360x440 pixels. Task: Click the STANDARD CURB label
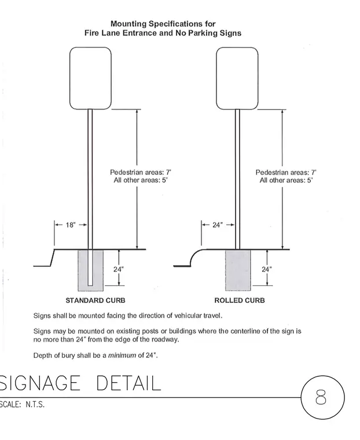95,300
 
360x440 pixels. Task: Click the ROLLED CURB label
240,300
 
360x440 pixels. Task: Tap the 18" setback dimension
71,225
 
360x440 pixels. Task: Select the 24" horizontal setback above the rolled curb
218,225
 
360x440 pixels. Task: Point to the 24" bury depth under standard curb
119,269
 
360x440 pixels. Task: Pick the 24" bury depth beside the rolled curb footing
267,269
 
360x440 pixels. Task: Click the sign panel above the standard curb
90,78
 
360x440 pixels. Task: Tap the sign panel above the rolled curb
237,78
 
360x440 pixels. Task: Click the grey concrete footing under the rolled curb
238,270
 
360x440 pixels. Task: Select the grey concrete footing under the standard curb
83,270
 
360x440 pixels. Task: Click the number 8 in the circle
321,397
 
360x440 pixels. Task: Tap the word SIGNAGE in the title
40,383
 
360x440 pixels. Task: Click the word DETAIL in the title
129,383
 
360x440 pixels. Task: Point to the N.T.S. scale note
35,405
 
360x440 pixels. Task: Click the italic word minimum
122,355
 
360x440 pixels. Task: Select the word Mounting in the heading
128,24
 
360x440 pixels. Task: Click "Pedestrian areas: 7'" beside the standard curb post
141,172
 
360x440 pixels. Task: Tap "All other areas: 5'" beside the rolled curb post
286,180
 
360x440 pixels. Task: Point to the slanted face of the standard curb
53,258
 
